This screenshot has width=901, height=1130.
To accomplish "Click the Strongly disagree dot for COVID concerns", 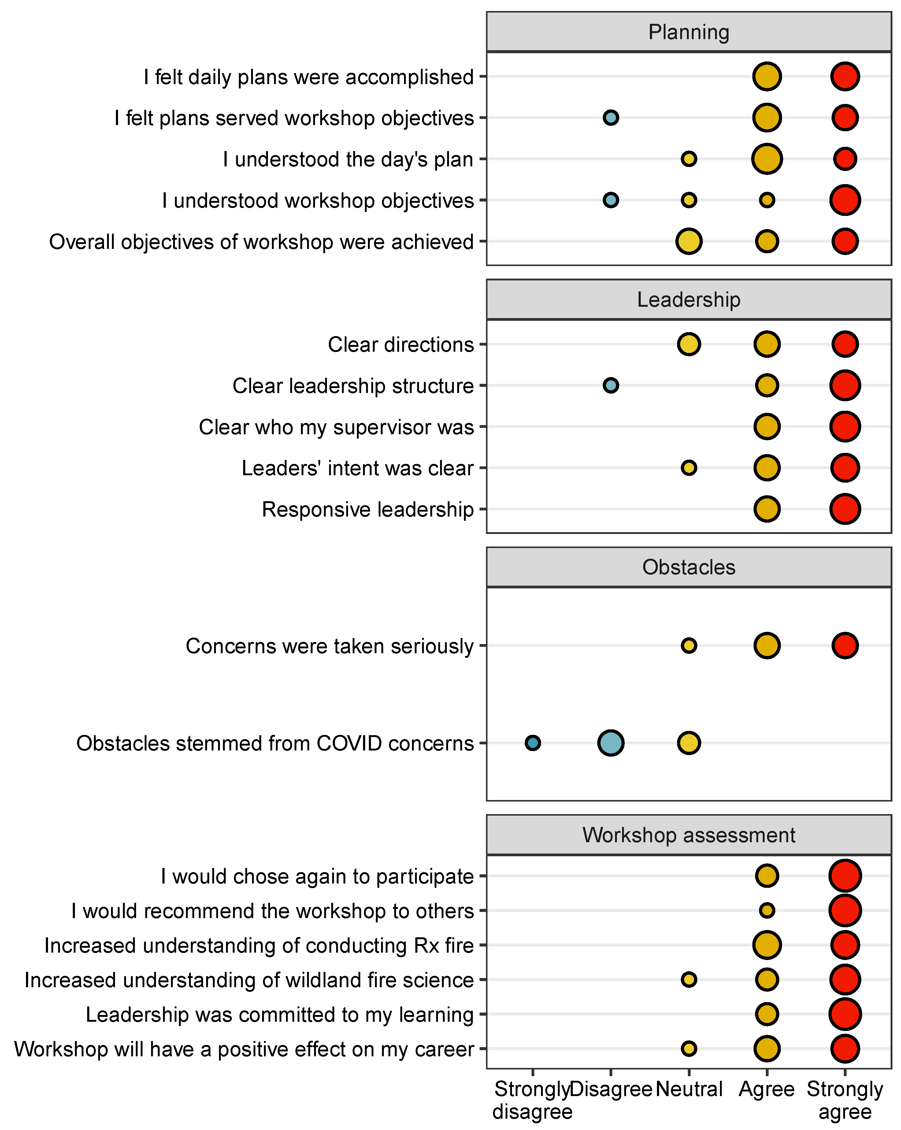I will pyautogui.click(x=532, y=743).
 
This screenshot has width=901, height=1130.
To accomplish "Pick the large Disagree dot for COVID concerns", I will pyautogui.click(x=611, y=743).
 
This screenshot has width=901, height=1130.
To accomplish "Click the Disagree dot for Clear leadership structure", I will pyautogui.click(x=611, y=385).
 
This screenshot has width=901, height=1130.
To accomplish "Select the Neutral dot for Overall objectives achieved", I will pyautogui.click(x=689, y=241).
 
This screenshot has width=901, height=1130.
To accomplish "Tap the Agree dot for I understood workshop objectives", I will pyautogui.click(x=767, y=200).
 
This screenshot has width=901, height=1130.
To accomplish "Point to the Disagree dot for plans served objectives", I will pyautogui.click(x=611, y=117).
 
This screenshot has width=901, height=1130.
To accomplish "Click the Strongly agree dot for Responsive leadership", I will pyautogui.click(x=845, y=508).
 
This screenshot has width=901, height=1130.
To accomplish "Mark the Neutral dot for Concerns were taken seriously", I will pyautogui.click(x=689, y=645).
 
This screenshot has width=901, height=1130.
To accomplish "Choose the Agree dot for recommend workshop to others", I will pyautogui.click(x=767, y=910).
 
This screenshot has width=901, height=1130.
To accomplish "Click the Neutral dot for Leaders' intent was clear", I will pyautogui.click(x=689, y=468).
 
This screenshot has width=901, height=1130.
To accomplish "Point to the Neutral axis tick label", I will pyautogui.click(x=689, y=1089).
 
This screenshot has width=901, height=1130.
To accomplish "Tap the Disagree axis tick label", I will pyautogui.click(x=611, y=1089).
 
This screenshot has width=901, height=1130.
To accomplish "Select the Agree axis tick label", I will pyautogui.click(x=767, y=1089).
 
